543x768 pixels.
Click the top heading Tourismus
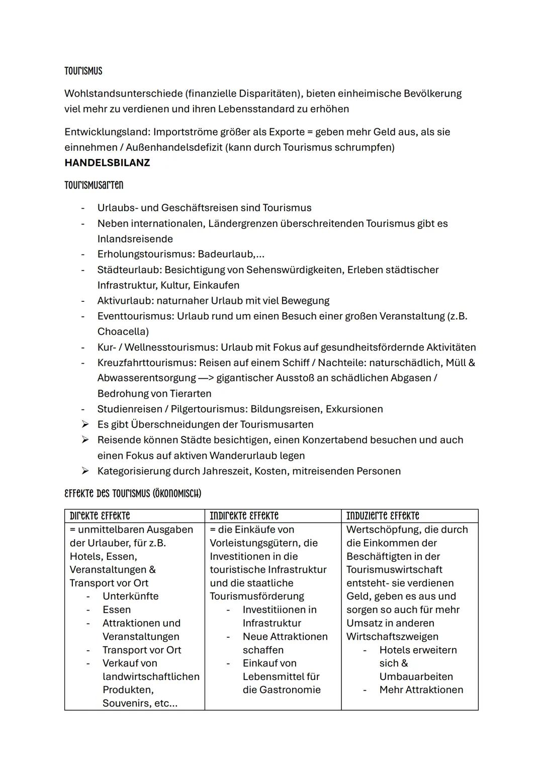click(x=83, y=71)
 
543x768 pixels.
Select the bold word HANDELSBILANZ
click(x=107, y=163)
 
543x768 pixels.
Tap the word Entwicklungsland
click(x=107, y=132)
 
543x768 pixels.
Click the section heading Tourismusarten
click(x=94, y=185)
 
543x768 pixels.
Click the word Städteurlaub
click(x=129, y=270)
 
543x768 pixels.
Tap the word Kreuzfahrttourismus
click(x=146, y=363)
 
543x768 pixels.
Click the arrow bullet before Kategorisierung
click(x=85, y=471)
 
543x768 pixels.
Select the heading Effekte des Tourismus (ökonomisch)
click(x=133, y=493)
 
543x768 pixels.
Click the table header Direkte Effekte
click(x=100, y=516)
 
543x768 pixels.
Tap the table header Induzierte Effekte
click(x=382, y=516)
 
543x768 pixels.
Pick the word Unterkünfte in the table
click(x=130, y=596)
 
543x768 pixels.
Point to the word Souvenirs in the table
click(x=126, y=703)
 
